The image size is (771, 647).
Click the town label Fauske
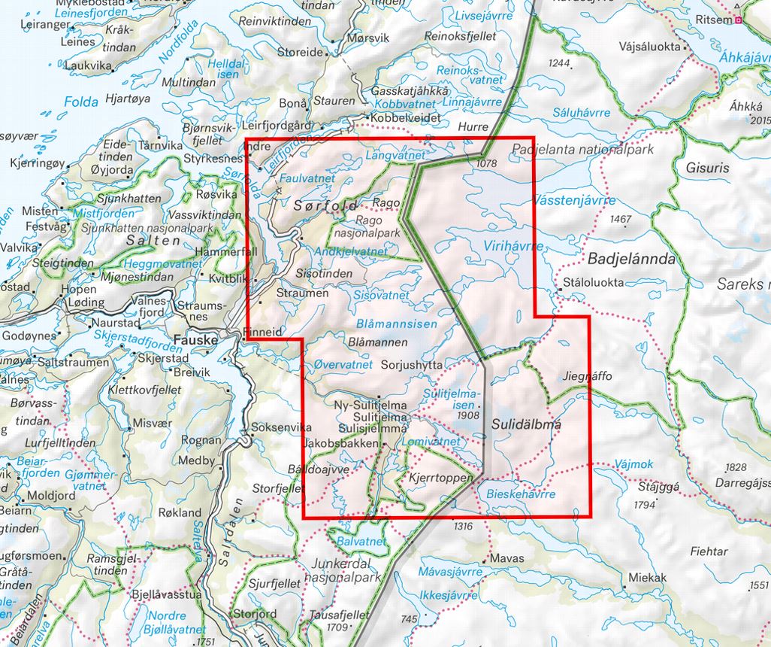tap(195, 340)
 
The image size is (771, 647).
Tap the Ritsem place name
tap(714, 20)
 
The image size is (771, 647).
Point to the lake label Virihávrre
tap(493, 245)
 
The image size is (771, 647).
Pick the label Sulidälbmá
tap(526, 424)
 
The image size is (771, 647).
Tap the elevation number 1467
tap(621, 219)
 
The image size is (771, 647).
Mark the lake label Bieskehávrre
tap(521, 494)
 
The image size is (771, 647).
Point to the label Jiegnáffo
tap(587, 375)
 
